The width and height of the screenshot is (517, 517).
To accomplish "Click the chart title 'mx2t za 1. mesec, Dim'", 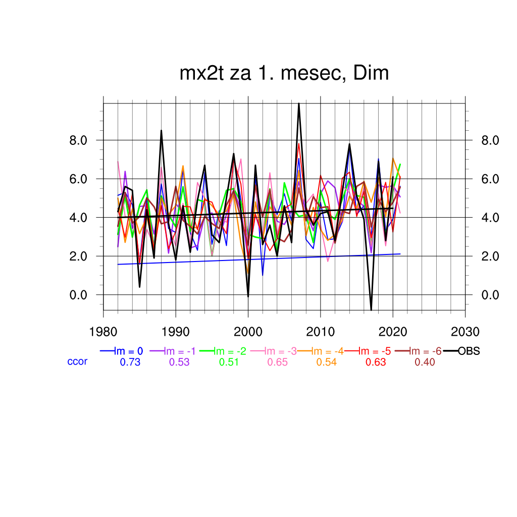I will pos(284,74).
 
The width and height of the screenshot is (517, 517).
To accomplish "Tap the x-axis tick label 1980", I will pos(103,332).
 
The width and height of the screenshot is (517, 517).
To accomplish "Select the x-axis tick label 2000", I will pos(248,332).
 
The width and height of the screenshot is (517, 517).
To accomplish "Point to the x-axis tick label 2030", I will pos(465,332).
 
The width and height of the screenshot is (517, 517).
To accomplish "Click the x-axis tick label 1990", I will pos(175,332).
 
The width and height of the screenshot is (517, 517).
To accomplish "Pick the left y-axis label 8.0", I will pos(80,140).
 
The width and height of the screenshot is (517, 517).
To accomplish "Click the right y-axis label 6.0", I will pos(488,179).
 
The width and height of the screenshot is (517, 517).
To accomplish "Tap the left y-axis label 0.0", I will pos(80,295).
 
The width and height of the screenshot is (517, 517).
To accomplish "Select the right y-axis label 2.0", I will pos(488,256).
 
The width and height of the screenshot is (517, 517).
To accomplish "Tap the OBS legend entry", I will pos(469,351).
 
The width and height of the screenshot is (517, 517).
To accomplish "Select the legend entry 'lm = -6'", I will pos(424,351).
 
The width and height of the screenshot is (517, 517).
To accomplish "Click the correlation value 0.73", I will pos(130,362).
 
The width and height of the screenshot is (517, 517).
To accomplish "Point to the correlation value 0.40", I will pos(425,362).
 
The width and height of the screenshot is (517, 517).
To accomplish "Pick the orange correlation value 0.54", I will pos(326,362).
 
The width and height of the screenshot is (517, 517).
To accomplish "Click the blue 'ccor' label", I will pos(77,361).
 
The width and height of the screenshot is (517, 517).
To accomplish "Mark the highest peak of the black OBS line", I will pos(299,104).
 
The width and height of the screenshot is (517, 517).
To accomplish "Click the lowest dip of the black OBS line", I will pos(371,309).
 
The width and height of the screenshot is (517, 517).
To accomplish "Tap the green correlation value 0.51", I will pos(229,362).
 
